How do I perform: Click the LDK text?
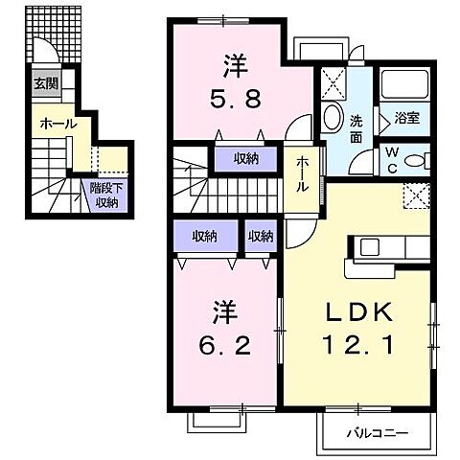tap(358, 314)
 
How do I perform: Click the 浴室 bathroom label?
tap(407, 119)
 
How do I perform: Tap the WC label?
tap(395, 158)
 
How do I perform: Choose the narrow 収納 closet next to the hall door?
tap(261, 236)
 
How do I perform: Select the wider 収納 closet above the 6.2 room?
tap(202, 236)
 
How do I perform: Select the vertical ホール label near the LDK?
tap(302, 173)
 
